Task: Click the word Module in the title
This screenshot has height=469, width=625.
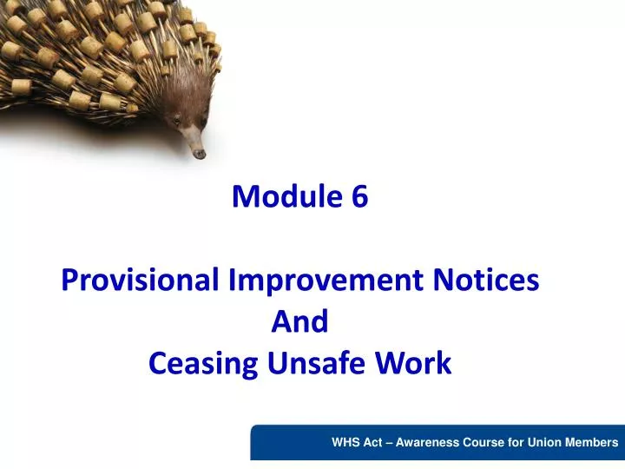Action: [x=287, y=195]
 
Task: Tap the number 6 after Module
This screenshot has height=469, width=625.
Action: [x=359, y=195]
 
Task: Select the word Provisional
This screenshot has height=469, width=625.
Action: [x=140, y=279]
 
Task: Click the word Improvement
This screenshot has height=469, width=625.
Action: [x=326, y=280]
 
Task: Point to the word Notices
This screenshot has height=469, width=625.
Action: [x=486, y=279]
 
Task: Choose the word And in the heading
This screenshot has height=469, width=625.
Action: [x=299, y=321]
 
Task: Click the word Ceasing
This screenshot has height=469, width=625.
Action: [x=203, y=363]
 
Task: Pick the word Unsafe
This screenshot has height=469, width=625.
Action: [x=316, y=362]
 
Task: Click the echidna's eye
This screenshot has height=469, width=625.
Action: [x=175, y=120]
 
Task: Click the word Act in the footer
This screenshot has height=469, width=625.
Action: [x=372, y=442]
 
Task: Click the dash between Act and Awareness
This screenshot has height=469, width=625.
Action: [x=389, y=443]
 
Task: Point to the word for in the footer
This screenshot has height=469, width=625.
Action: [x=516, y=442]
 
